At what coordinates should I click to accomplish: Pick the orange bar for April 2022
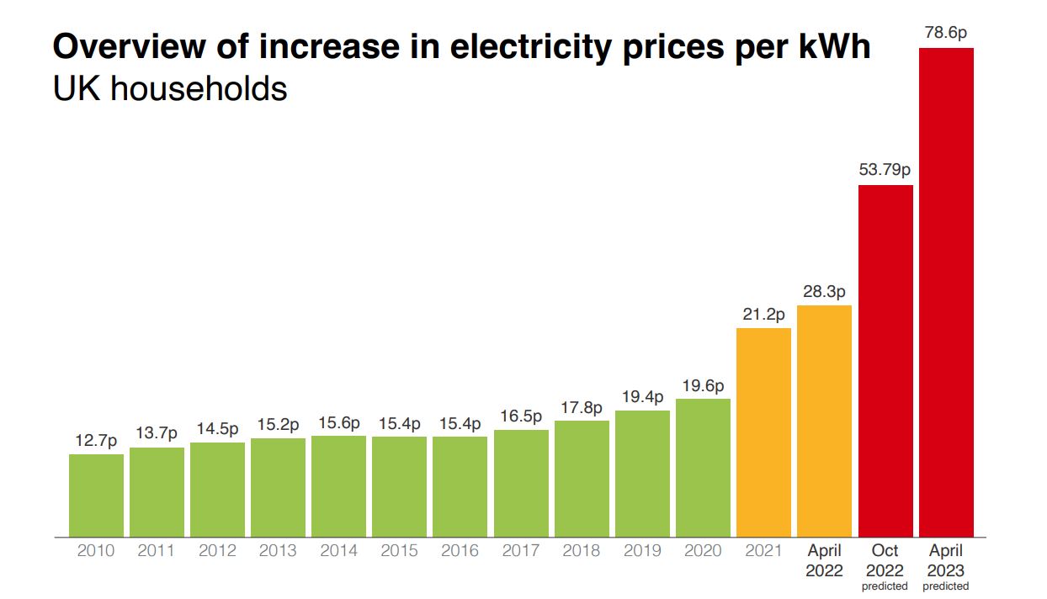pos(824,421)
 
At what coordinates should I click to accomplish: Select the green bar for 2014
pos(338,485)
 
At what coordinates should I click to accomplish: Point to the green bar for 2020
pos(703,467)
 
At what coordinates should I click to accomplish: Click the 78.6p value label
pos(946,34)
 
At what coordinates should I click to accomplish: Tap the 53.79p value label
pos(885,170)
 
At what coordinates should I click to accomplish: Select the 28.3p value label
pos(824,291)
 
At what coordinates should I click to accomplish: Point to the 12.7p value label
pos(96,440)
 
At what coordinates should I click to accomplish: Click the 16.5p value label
pos(521,416)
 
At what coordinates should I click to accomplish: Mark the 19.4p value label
pos(642,396)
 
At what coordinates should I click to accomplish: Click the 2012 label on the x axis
pos(217,551)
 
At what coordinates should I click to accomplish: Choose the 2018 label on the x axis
pos(582,551)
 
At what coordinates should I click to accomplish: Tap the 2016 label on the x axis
pos(460,551)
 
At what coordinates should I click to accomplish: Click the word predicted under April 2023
pos(946,586)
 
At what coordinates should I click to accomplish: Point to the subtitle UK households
pos(170,87)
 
